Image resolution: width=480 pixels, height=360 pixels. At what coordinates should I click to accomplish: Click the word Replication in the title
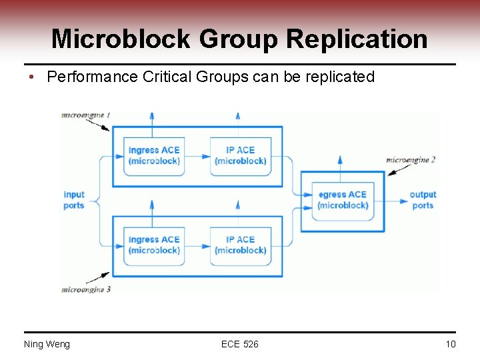point(357,39)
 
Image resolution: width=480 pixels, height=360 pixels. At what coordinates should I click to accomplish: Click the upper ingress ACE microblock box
point(154,155)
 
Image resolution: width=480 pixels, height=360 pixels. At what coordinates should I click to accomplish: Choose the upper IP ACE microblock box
point(240,155)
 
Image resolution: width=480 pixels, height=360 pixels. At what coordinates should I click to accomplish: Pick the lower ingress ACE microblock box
point(154,245)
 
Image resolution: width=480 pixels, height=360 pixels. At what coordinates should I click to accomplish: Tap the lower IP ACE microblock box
point(240,245)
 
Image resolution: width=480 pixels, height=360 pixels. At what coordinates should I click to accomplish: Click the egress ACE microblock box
point(343,200)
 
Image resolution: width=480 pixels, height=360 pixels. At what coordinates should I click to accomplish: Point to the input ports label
point(74,200)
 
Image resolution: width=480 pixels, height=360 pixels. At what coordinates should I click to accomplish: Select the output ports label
point(423,200)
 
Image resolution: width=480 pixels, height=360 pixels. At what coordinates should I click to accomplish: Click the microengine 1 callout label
point(85,115)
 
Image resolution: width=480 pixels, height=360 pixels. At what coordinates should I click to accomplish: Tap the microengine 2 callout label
point(411,160)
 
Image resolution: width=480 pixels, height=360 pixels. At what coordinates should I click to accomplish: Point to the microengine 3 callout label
point(85,289)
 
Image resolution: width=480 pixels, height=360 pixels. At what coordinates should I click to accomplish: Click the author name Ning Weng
point(47,344)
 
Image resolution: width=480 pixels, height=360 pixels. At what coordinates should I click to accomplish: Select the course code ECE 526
point(240,344)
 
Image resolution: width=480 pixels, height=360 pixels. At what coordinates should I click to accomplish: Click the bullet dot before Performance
point(31,77)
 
